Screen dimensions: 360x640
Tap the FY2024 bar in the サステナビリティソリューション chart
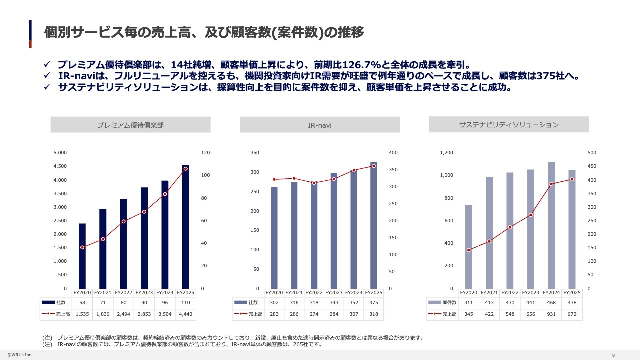pyautogui.click(x=551, y=225)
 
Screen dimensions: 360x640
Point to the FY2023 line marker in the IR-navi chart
pyautogui.click(x=334, y=179)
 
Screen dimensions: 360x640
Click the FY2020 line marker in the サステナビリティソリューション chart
pyautogui.click(x=469, y=250)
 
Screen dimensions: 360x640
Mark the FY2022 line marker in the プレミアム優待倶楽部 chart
pyautogui.click(x=123, y=221)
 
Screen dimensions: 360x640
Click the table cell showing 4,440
pyautogui.click(x=186, y=314)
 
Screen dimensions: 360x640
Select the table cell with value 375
pyautogui.click(x=374, y=302)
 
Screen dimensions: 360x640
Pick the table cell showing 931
pyautogui.click(x=551, y=314)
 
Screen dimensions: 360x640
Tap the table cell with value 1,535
pyautogui.click(x=82, y=314)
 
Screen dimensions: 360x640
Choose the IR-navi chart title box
pyautogui.click(x=319, y=125)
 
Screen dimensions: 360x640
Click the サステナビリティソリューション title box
pyautogui.click(x=509, y=125)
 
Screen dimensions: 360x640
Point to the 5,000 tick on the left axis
pyautogui.click(x=60, y=153)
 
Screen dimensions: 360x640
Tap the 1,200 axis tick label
pyautogui.click(x=446, y=153)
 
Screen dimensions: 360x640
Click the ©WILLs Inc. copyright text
pyautogui.click(x=20, y=355)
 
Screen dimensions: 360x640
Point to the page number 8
pyautogui.click(x=613, y=355)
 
